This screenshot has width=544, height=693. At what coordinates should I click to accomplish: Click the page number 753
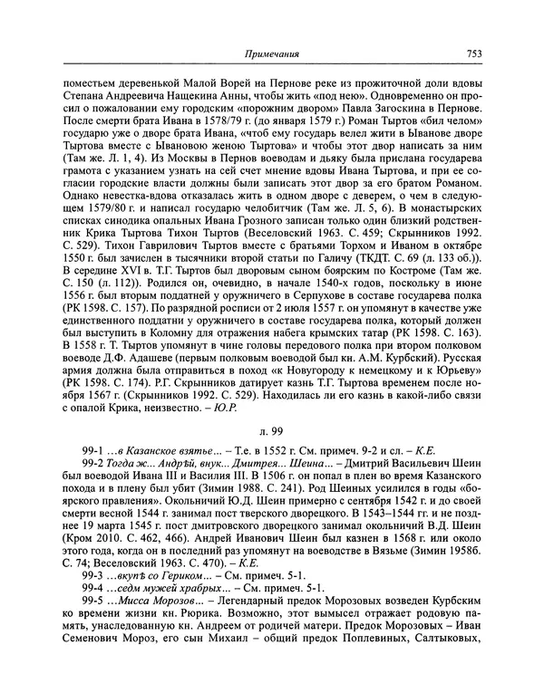470,53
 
